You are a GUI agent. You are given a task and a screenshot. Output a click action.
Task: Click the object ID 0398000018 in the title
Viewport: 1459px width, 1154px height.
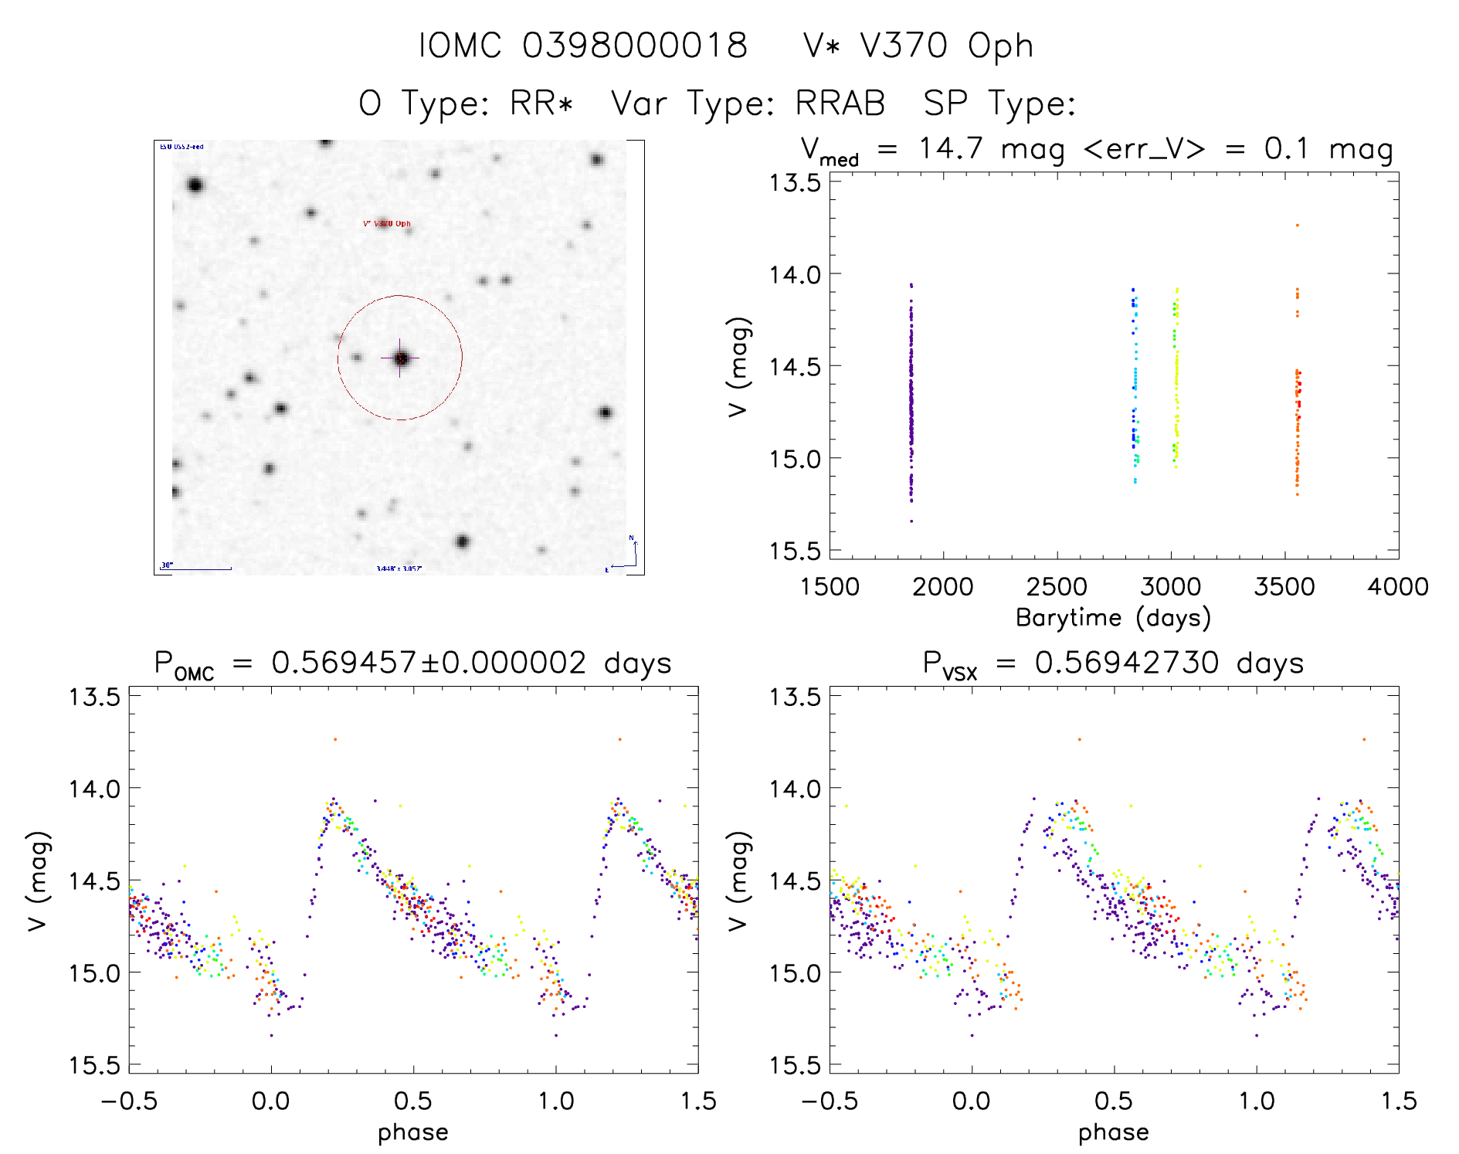(x=635, y=46)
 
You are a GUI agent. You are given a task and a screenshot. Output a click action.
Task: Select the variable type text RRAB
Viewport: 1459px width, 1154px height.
(x=840, y=104)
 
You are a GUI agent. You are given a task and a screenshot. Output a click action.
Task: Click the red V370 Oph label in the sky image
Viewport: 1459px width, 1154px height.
(x=387, y=224)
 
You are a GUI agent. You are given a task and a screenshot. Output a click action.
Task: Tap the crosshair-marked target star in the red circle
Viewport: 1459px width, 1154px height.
(x=400, y=358)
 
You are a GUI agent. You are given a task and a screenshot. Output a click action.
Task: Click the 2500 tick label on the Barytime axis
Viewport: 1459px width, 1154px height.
(x=1057, y=587)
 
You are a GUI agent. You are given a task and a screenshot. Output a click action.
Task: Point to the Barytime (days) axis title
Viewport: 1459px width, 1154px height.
(x=1113, y=618)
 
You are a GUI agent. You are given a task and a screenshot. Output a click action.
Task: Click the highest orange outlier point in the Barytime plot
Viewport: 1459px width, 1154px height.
(x=1298, y=225)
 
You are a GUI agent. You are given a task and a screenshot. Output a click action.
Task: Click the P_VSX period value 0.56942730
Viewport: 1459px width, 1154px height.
(x=1126, y=664)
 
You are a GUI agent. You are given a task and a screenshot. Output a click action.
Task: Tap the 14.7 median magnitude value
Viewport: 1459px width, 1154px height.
(x=950, y=148)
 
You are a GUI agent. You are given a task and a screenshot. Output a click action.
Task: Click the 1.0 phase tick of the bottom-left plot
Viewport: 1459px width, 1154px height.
(x=556, y=1101)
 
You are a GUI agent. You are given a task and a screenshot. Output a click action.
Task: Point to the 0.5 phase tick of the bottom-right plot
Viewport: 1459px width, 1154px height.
(x=1114, y=1101)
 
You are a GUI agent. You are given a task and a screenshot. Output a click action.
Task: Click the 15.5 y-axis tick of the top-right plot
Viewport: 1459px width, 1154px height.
(x=795, y=551)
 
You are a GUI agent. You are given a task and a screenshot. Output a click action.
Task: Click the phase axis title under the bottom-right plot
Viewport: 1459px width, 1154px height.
(x=1113, y=1132)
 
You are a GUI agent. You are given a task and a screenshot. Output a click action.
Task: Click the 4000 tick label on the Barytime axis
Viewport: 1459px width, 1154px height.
(x=1397, y=587)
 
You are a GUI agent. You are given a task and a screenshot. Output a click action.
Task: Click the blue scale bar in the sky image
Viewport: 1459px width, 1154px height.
(x=196, y=569)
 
